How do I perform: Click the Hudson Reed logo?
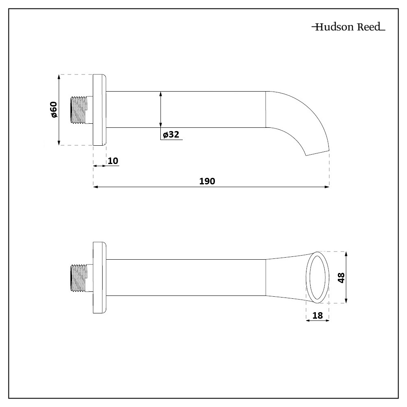click(348, 28)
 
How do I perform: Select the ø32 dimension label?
click(171, 135)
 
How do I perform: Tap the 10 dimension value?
click(113, 161)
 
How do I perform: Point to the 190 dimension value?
click(207, 181)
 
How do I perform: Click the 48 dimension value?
click(341, 278)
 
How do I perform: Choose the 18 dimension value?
click(317, 315)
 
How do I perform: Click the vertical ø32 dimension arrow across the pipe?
click(161, 109)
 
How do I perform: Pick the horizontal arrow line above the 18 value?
click(317, 321)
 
